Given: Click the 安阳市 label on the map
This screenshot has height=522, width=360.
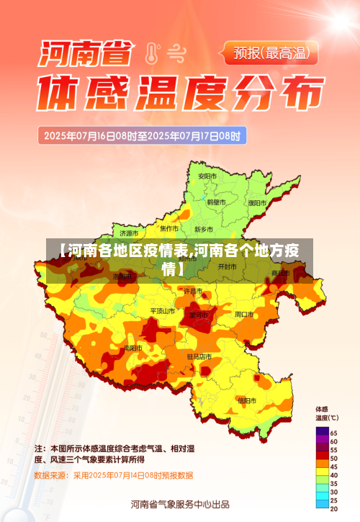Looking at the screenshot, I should [x=207, y=176].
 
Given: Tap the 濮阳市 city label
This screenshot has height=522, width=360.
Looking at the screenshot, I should [x=256, y=203].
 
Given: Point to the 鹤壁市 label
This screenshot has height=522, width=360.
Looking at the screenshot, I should [x=217, y=203].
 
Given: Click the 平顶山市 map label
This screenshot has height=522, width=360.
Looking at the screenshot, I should [x=162, y=311].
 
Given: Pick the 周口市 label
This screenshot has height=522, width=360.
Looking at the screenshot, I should [x=244, y=315].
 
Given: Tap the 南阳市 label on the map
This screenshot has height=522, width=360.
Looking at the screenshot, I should [x=132, y=348].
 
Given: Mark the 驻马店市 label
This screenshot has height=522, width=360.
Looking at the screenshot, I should [x=199, y=356].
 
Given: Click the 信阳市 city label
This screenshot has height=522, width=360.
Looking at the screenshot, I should [x=247, y=400].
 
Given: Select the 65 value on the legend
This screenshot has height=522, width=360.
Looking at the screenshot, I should [x=333, y=432].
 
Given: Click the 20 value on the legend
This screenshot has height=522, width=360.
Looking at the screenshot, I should [x=333, y=509].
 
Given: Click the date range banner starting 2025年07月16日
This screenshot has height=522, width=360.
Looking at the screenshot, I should [x=144, y=135].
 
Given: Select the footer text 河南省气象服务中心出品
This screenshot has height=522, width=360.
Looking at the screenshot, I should [x=179, y=504].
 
